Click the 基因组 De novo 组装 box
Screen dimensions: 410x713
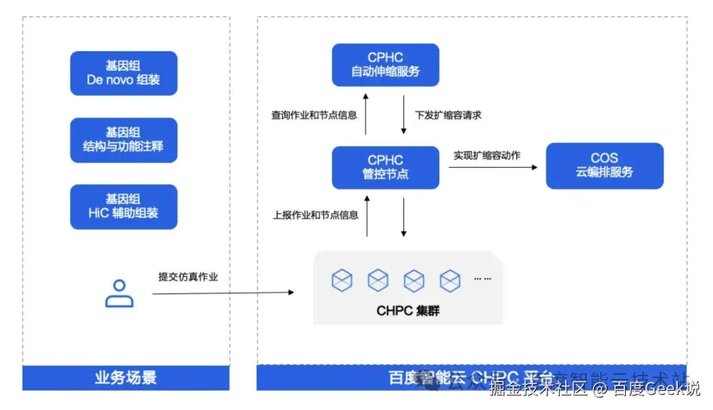pyautogui.click(x=123, y=73)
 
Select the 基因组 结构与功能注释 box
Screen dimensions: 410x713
pyautogui.click(x=123, y=140)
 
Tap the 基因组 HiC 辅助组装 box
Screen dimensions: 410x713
pyautogui.click(x=123, y=206)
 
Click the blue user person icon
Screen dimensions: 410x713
pyautogui.click(x=119, y=293)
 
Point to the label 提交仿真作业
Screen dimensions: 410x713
pyautogui.click(x=188, y=276)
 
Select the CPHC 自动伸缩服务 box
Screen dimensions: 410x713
pyautogui.click(x=385, y=65)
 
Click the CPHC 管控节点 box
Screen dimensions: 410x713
pyautogui.click(x=385, y=167)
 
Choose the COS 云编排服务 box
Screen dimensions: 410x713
pyautogui.click(x=604, y=165)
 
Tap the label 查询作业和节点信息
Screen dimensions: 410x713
pyautogui.click(x=314, y=115)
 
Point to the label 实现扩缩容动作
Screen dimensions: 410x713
pyautogui.click(x=487, y=155)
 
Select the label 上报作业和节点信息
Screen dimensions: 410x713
pyautogui.click(x=315, y=215)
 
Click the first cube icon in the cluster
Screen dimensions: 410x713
pyautogui.click(x=342, y=280)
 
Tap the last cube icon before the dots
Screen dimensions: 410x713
pyautogui.click(x=450, y=280)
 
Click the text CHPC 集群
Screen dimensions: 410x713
pyautogui.click(x=407, y=310)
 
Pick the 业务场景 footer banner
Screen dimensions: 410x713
pyautogui.click(x=125, y=378)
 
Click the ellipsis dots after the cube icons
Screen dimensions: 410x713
pyautogui.click(x=482, y=279)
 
